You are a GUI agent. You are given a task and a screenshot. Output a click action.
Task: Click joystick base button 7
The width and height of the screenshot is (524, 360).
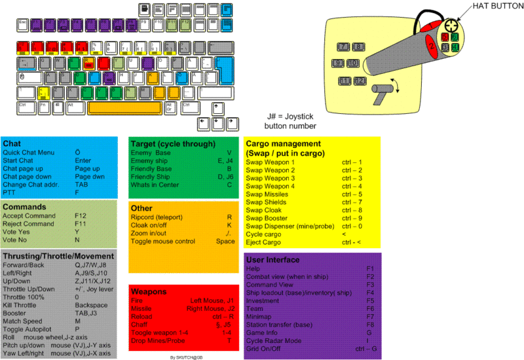(344, 47)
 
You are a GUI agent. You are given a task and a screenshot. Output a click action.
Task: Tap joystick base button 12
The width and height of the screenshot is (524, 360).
(359, 81)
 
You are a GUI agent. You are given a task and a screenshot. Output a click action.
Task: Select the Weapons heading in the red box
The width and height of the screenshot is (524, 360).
(149, 291)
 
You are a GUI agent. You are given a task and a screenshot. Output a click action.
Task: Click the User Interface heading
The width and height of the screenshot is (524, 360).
(272, 260)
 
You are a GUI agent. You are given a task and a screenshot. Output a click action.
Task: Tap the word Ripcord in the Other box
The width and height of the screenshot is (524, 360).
(144, 217)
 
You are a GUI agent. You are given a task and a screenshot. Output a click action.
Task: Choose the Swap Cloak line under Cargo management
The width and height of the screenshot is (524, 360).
(265, 210)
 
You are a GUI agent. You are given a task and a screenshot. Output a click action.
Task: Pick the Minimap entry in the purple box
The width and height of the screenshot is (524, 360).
(259, 316)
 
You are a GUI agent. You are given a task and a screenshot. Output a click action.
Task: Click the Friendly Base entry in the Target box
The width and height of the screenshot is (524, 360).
(151, 168)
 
